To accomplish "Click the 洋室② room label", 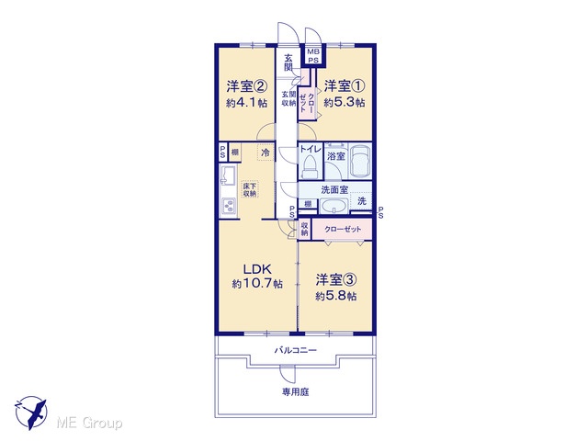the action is pos(246,86).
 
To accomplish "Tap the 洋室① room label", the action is pos(345,86).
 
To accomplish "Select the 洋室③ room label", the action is pos(336,279).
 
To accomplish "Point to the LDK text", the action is pos(257,269).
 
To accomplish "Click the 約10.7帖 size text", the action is pos(257,284).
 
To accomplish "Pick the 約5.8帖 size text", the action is pos(336,296).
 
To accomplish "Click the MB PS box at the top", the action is pos(313,56).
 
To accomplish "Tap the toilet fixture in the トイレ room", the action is pos(310,166).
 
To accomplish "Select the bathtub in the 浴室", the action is pos(359,161).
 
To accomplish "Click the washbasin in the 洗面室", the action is pos(334,207).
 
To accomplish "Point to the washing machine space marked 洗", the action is pos(361,201).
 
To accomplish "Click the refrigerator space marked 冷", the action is pos(266,153).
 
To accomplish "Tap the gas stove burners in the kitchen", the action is pos(228,206).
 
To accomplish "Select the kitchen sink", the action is pos(228,175).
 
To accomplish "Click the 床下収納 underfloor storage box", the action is pos(249,190).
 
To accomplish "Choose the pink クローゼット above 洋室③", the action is pos(343,229).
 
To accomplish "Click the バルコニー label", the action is pos(296,351).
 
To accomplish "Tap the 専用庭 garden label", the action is pos(296,392).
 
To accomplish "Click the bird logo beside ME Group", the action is pos(31,413).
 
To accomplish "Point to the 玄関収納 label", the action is pos(288,98).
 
